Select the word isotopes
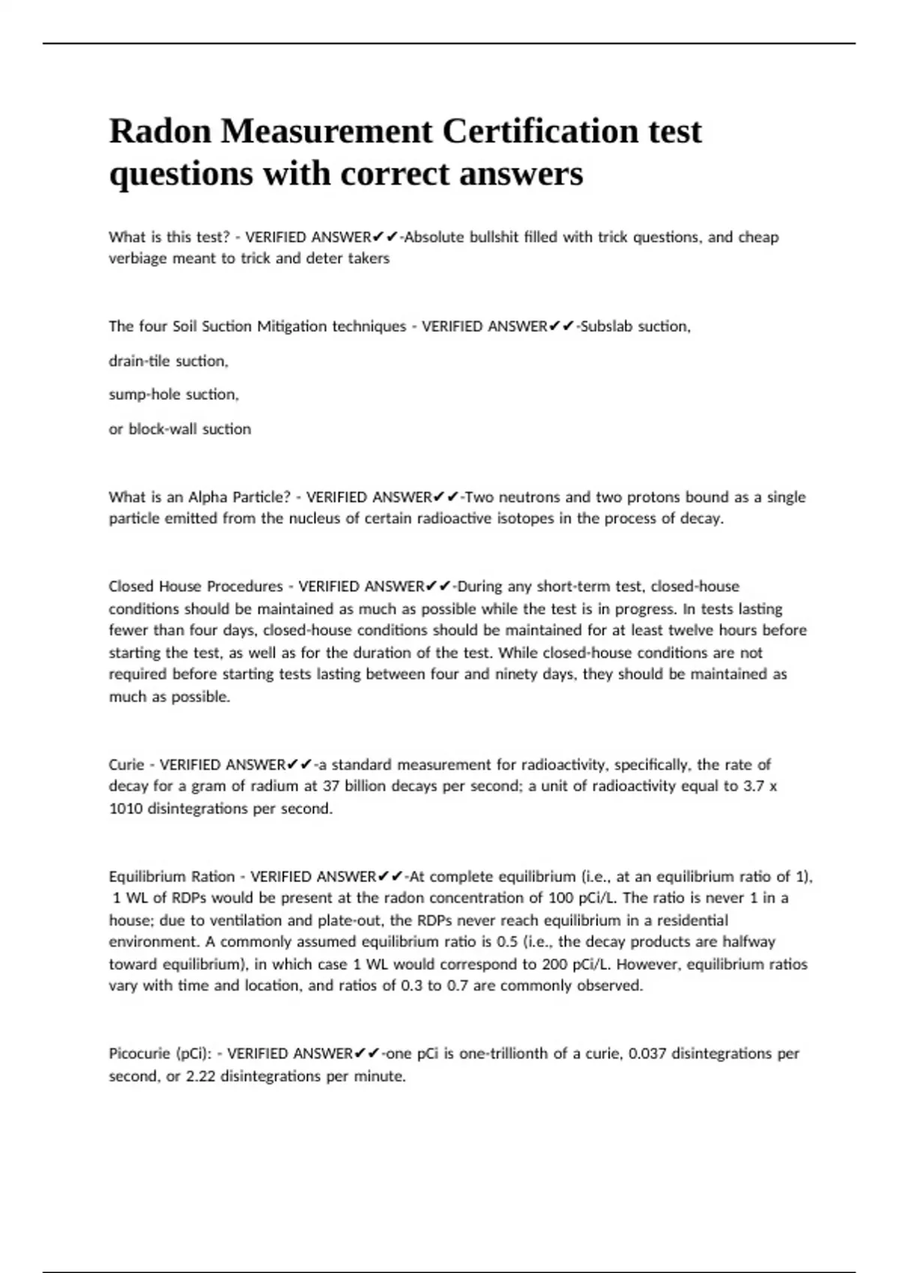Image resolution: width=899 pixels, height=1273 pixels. coord(524,518)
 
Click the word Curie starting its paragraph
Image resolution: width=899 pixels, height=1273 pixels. coord(126,765)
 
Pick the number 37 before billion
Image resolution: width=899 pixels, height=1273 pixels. coord(331,786)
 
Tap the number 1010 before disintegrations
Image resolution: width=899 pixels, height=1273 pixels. coord(125,809)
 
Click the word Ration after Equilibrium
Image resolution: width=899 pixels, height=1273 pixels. coord(214,877)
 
